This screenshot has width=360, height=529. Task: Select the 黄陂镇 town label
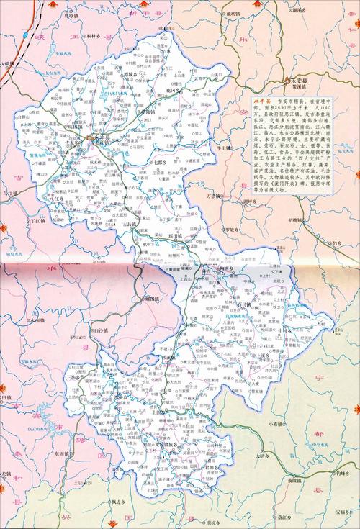point(289,459)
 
